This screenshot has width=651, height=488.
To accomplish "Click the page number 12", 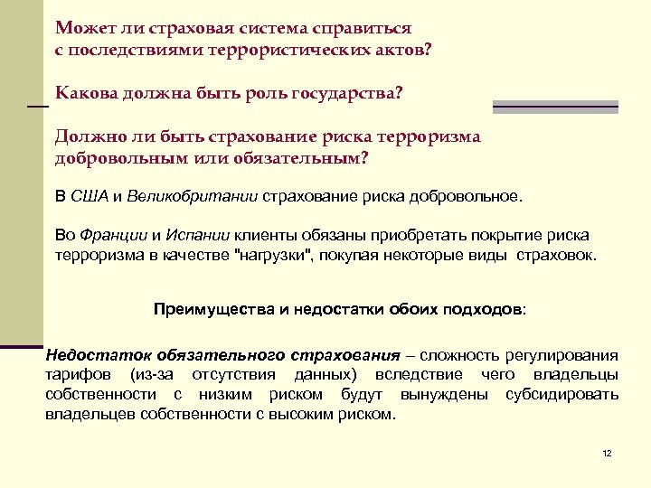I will (x=607, y=453).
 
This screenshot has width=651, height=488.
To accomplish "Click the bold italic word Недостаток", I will (x=94, y=354).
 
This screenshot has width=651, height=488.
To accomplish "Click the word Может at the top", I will (x=80, y=26).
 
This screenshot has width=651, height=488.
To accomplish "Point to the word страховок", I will (x=555, y=255).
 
